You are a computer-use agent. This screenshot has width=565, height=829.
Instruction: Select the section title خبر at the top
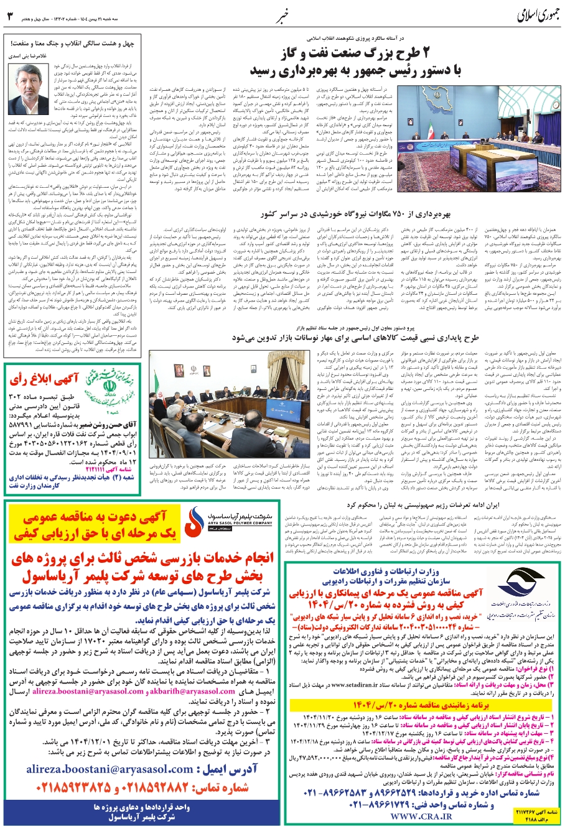[281, 14]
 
